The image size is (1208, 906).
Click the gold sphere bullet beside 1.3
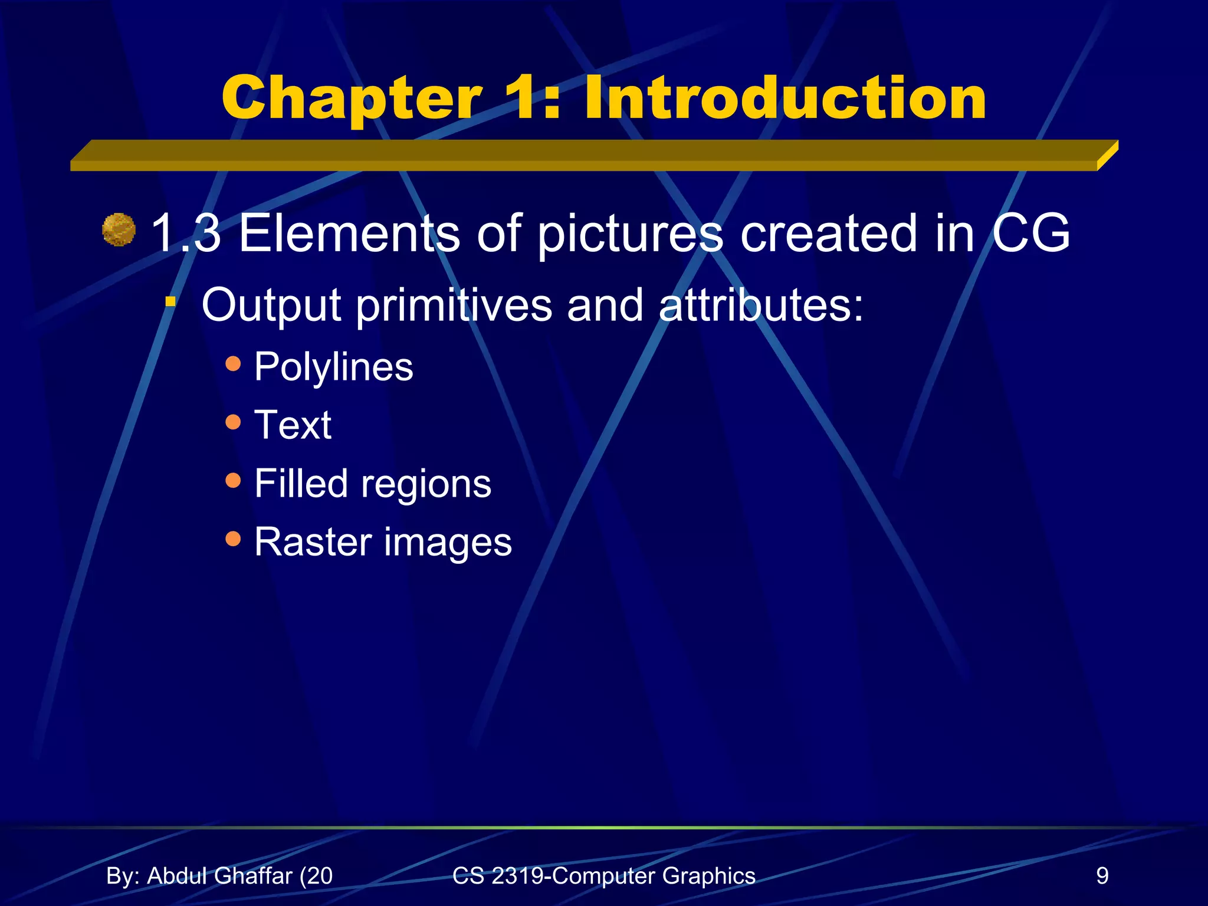[x=119, y=230]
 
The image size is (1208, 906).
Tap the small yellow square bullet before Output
[x=170, y=302]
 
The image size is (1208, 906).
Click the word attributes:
[x=761, y=306]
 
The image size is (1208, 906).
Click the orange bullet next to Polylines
[x=234, y=363]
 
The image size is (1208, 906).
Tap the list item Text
[x=293, y=425]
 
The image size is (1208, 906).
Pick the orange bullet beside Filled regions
[x=234, y=480]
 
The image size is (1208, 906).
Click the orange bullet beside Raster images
[x=234, y=539]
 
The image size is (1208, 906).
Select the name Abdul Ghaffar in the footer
[x=219, y=876]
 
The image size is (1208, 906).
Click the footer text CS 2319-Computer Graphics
[x=603, y=876]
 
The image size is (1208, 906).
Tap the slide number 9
[x=1102, y=876]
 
